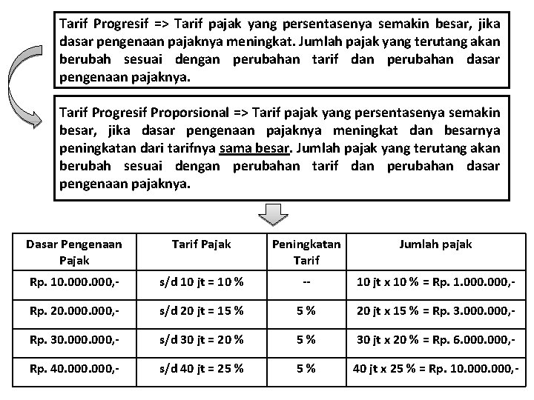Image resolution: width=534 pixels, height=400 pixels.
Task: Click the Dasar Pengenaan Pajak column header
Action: point(73,251)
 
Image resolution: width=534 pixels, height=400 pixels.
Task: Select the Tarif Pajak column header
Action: point(200,244)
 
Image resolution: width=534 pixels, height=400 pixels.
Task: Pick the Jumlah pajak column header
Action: point(435,244)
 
